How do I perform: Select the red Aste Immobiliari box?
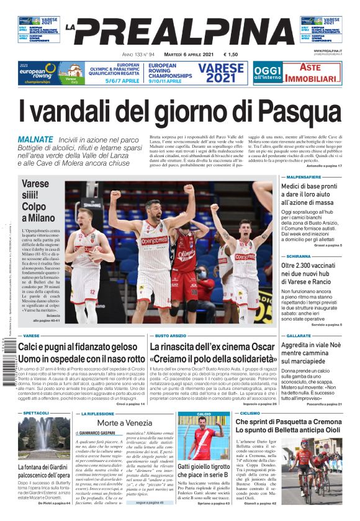(x=315, y=73)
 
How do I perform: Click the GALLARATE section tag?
(x=295, y=335)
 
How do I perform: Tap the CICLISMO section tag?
(x=250, y=413)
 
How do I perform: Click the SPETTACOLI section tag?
(x=36, y=413)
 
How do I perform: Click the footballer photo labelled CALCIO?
(x=203, y=438)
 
